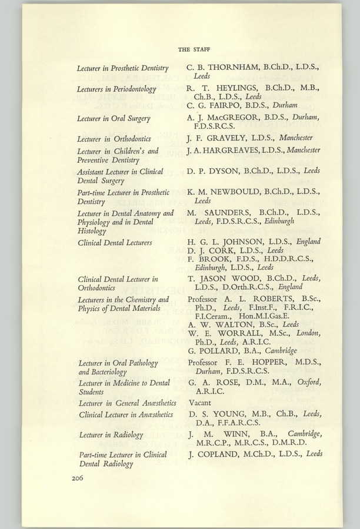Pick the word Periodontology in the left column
(131, 89)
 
